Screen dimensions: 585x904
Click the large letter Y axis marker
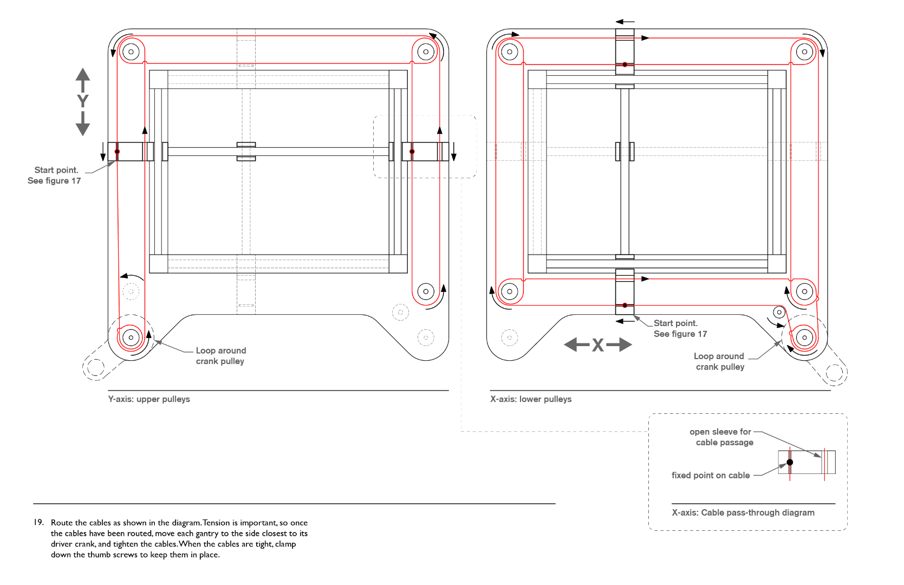tap(82, 101)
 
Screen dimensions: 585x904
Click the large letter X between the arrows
tap(597, 345)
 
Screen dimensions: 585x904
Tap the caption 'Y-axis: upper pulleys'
tap(149, 399)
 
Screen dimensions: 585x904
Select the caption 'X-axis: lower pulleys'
tap(531, 399)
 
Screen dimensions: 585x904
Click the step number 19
tap(38, 522)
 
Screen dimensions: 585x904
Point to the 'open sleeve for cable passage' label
tap(721, 437)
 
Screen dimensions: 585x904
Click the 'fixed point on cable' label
tap(711, 475)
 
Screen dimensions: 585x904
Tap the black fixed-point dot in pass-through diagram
tap(790, 462)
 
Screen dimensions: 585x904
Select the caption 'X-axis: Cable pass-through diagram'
tap(743, 512)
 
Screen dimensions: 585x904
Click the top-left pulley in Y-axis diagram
tap(131, 52)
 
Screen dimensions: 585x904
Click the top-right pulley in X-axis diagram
tap(804, 52)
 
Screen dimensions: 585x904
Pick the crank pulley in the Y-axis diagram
tap(131, 337)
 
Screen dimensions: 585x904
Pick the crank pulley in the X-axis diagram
tap(804, 337)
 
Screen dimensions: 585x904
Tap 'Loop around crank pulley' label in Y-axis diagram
tap(220, 356)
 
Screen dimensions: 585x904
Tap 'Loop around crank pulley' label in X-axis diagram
tap(720, 361)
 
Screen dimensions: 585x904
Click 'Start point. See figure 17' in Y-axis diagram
tap(54, 175)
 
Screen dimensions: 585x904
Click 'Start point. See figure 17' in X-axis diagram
tap(680, 328)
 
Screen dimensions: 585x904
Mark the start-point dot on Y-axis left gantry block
tap(117, 152)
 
